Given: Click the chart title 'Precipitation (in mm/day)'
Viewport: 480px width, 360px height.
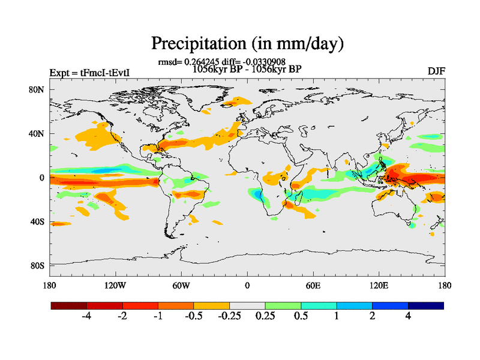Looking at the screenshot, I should click(247, 43).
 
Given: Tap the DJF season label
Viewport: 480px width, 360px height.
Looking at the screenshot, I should click(436, 71).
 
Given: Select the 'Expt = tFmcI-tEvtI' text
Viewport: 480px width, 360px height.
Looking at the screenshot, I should click(90, 73).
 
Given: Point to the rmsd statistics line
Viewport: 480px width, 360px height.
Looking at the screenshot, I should click(221, 61).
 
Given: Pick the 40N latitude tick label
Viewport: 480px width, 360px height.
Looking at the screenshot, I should click(38, 134).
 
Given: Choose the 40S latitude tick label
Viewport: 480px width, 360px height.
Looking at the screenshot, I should click(38, 221).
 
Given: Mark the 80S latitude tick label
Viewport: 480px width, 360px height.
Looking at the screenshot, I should click(38, 265).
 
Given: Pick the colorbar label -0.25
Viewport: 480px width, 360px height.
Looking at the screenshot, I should click(229, 316).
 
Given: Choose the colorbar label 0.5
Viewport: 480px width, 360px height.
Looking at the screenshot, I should click(301, 316).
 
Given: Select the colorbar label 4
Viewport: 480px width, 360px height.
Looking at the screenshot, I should click(408, 316).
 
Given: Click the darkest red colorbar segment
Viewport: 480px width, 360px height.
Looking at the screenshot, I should click(69, 305).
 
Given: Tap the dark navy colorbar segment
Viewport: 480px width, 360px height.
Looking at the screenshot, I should click(425, 305).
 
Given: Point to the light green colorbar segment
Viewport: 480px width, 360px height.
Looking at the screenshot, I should click(283, 305).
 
